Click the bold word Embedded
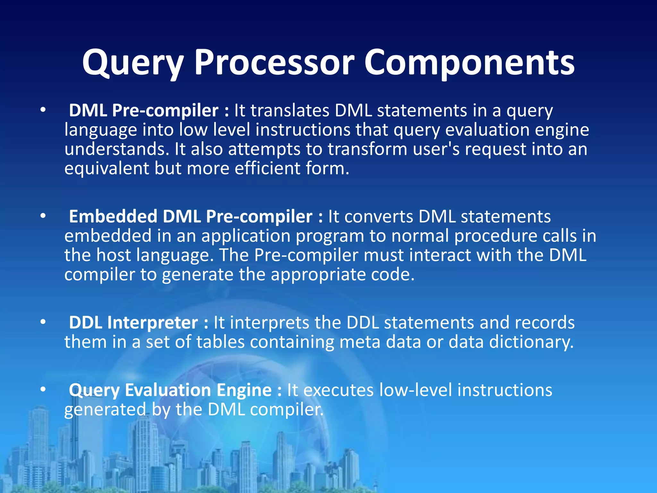pos(113,216)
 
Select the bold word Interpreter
pos(152,322)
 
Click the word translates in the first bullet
pos(290,110)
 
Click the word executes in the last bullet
pos(338,390)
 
